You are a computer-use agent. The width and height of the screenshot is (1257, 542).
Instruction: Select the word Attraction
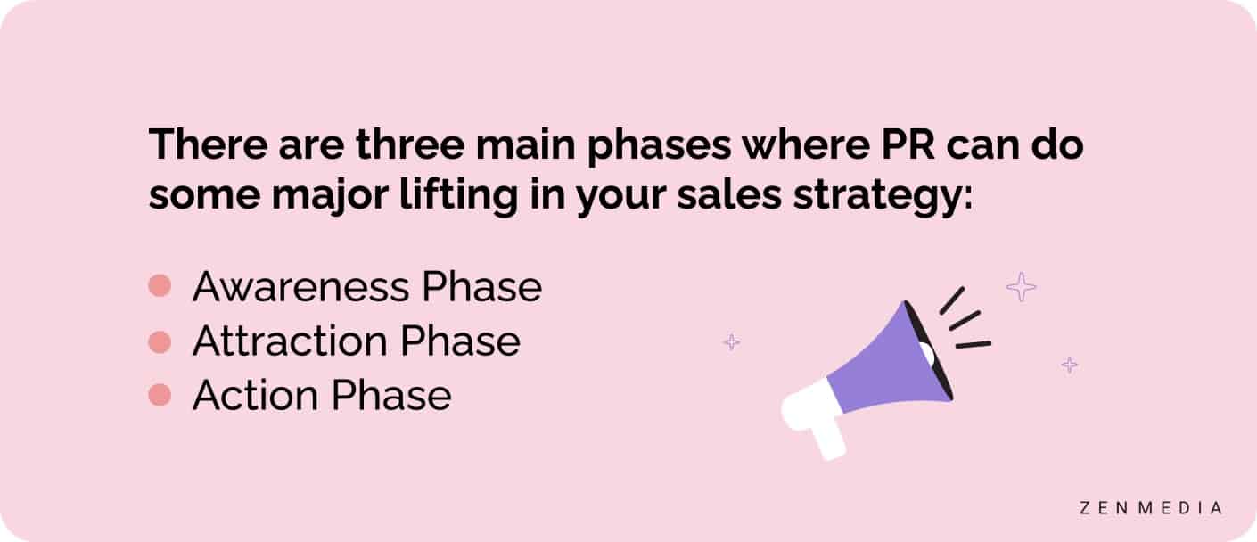(x=290, y=341)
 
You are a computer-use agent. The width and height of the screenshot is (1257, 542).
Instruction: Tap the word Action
(x=255, y=395)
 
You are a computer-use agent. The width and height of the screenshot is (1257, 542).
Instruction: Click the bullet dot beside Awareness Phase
(x=160, y=286)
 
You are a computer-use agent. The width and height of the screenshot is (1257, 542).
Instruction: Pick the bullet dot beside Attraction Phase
(x=160, y=341)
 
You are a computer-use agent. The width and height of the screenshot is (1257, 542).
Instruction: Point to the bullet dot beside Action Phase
(x=160, y=395)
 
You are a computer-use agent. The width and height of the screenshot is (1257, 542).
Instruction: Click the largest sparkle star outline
(x=1021, y=286)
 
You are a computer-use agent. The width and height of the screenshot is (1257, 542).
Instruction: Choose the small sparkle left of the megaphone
(x=731, y=341)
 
